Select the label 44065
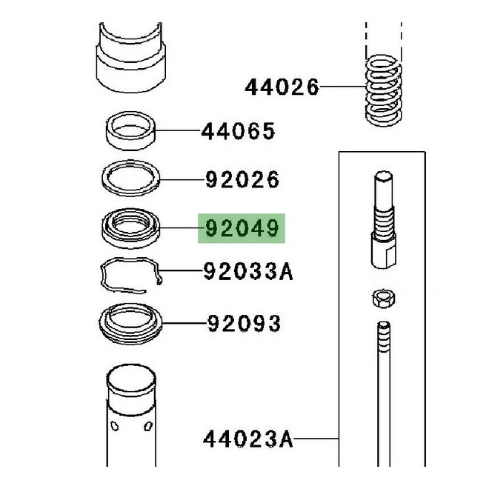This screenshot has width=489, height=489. point(238,132)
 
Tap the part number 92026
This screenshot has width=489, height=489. point(243,179)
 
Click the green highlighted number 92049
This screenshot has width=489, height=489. point(242,229)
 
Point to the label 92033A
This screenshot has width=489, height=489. point(248,273)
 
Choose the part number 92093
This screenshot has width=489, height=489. point(244,324)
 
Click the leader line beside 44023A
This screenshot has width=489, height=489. point(316,439)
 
